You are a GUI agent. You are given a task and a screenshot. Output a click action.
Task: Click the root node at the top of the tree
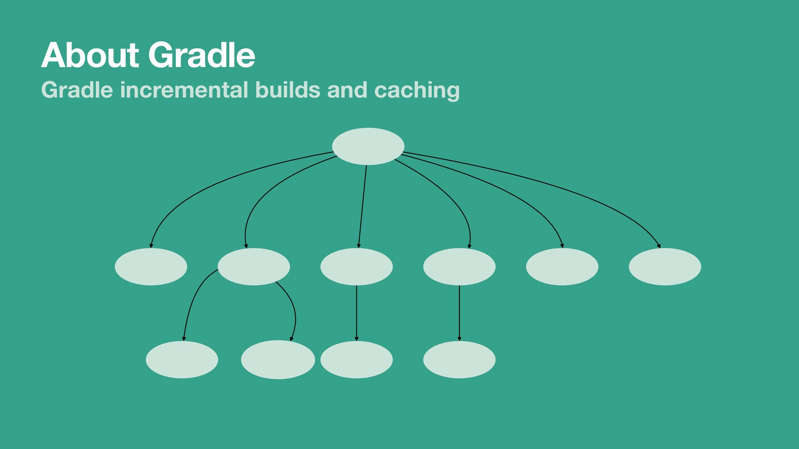pos(368,146)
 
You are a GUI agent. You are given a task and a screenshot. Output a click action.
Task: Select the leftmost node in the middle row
pos(151,266)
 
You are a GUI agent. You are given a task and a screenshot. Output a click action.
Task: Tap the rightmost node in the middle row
pos(665,266)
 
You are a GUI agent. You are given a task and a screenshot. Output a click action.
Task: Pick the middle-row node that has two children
pos(253,266)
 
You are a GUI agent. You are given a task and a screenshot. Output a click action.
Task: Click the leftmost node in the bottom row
pos(182,360)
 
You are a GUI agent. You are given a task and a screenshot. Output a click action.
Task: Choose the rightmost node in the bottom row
pos(459,360)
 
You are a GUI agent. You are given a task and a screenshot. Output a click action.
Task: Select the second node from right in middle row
pos(562,266)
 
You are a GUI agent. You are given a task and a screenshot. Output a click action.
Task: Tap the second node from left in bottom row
pos(278,360)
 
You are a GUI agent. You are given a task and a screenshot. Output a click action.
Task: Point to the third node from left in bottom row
pos(356,360)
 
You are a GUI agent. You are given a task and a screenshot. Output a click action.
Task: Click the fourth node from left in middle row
pos(459,266)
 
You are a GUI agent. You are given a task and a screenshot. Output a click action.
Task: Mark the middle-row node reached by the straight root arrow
pos(356,266)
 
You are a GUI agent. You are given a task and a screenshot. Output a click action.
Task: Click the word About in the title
pos(90,55)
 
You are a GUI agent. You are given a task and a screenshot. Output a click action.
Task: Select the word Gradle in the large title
pos(201,55)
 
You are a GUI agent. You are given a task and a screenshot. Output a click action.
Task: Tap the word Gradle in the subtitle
pos(77,90)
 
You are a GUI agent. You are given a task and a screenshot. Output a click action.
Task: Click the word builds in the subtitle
pos(288,90)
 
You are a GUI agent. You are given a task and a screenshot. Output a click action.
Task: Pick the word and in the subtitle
pos(347,90)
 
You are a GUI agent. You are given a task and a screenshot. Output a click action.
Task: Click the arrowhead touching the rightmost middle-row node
pos(659,246)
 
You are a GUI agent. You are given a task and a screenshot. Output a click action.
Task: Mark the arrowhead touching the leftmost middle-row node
pos(151,246)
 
